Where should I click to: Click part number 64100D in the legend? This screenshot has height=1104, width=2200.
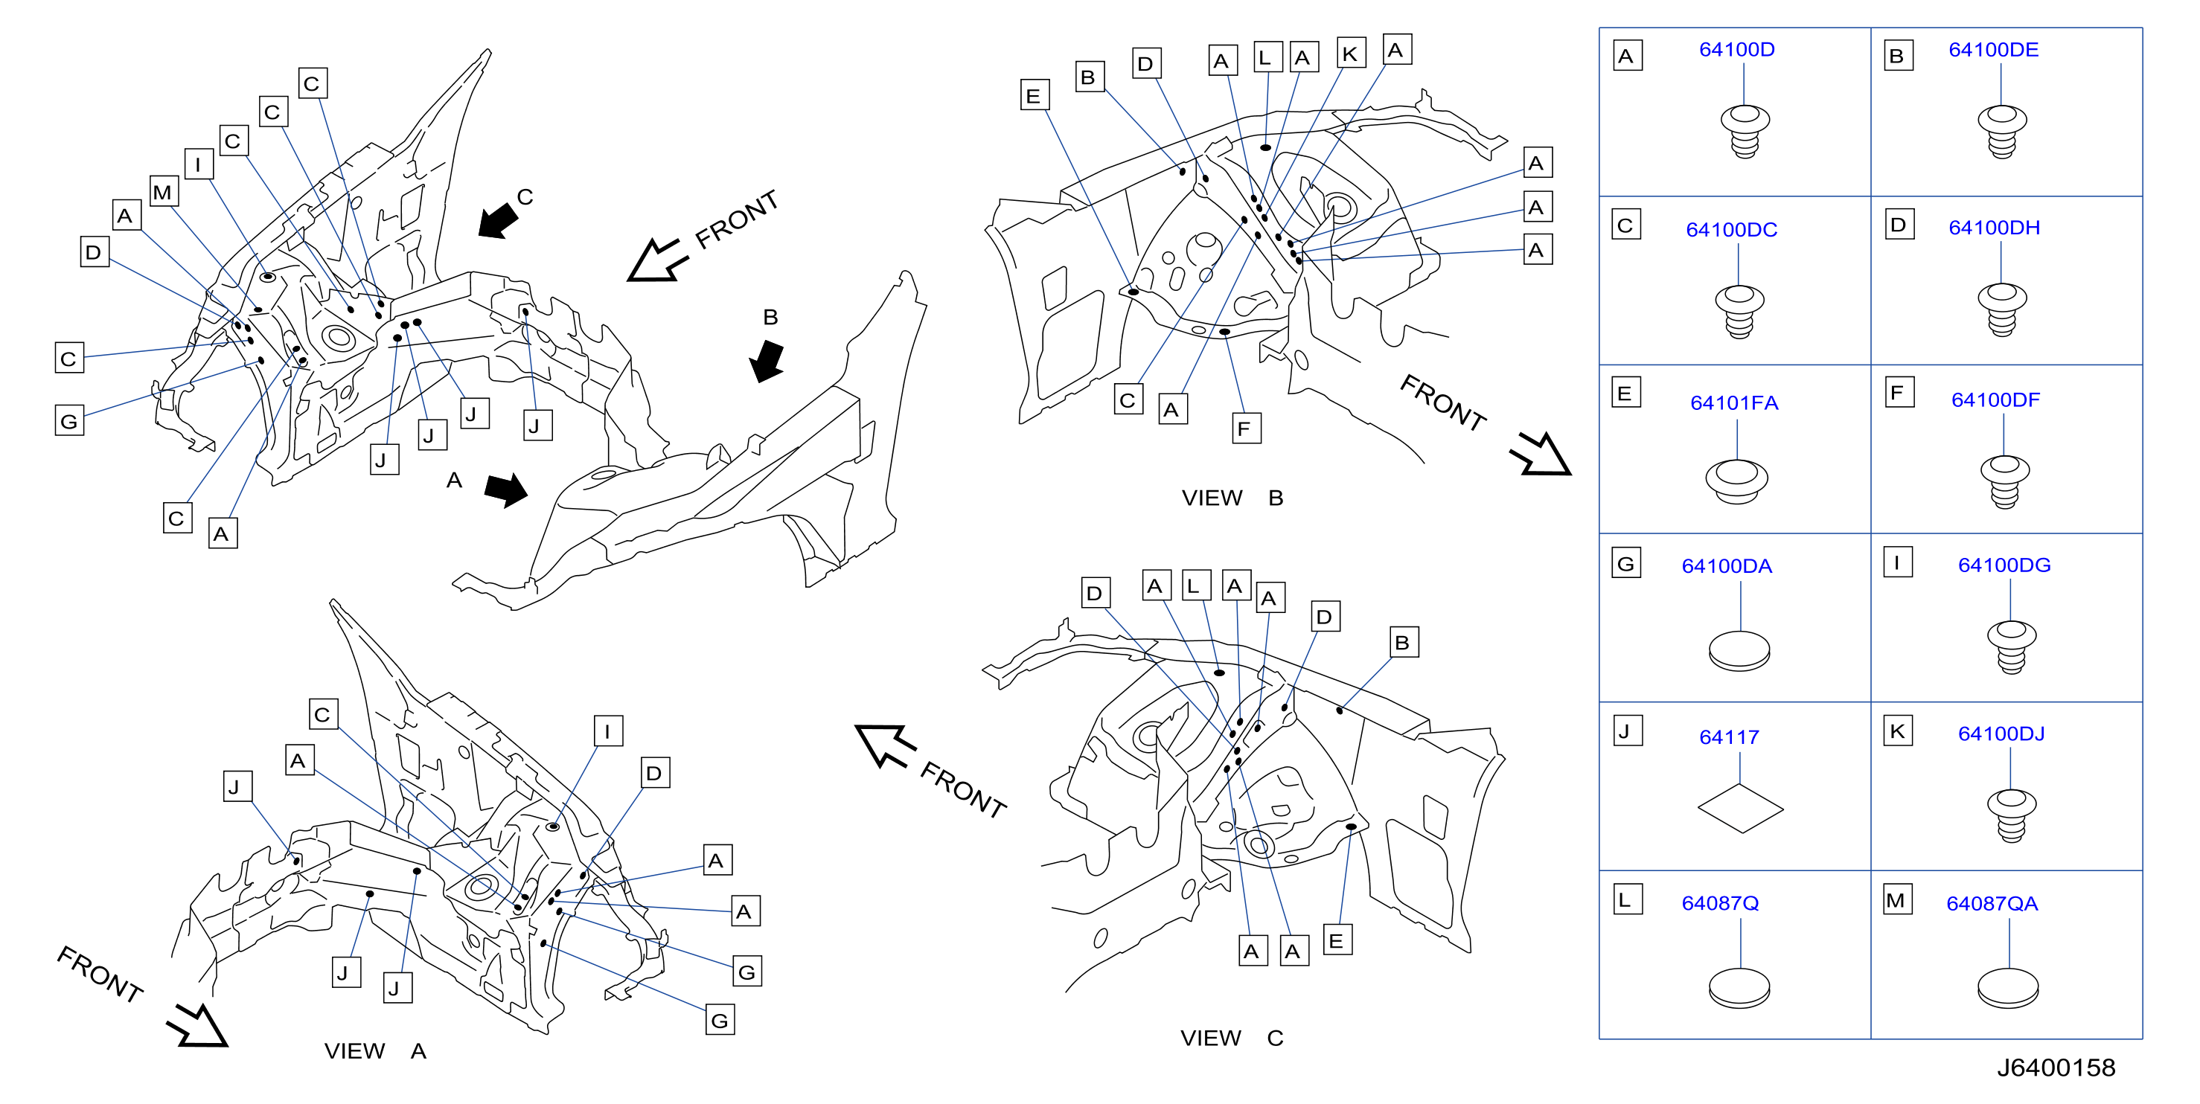(x=1736, y=50)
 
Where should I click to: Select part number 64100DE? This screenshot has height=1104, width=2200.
(x=1993, y=50)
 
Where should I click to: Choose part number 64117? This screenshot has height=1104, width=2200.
(x=1729, y=736)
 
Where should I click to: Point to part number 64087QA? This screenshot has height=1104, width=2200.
(x=1992, y=903)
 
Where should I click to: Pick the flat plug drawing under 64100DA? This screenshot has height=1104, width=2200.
(x=1739, y=652)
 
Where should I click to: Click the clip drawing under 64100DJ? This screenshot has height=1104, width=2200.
(x=2011, y=815)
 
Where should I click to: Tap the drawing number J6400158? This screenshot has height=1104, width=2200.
(x=2056, y=1068)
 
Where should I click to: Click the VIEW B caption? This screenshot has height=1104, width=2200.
(x=1232, y=498)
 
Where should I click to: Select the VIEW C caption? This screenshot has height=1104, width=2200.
(x=1232, y=1039)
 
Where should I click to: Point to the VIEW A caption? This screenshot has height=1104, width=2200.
(x=375, y=1051)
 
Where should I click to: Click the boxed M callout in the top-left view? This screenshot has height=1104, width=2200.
(x=163, y=191)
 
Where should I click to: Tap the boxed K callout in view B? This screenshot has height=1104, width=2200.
(x=1350, y=53)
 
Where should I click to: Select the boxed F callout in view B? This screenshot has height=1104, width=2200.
(x=1244, y=428)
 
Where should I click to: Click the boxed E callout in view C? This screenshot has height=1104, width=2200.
(x=1337, y=940)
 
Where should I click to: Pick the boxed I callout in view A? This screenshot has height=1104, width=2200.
(x=607, y=731)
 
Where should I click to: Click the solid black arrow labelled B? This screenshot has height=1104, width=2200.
(x=768, y=361)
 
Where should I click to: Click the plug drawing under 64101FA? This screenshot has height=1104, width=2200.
(x=1736, y=482)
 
